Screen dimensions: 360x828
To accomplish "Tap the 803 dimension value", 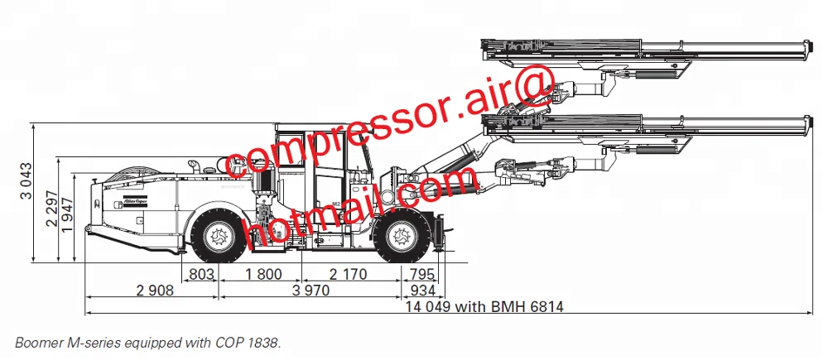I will pyautogui.click(x=201, y=274).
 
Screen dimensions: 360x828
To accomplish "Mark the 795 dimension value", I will pyautogui.click(x=421, y=274).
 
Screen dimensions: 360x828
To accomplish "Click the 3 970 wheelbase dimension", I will pyautogui.click(x=310, y=290).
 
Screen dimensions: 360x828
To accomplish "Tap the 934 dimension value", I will pyautogui.click(x=421, y=290).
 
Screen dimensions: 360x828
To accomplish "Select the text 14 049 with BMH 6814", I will pyautogui.click(x=484, y=307).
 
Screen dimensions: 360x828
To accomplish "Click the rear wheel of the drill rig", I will pyautogui.click(x=218, y=237).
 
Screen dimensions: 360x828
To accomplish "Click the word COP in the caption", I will pyautogui.click(x=219, y=341).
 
